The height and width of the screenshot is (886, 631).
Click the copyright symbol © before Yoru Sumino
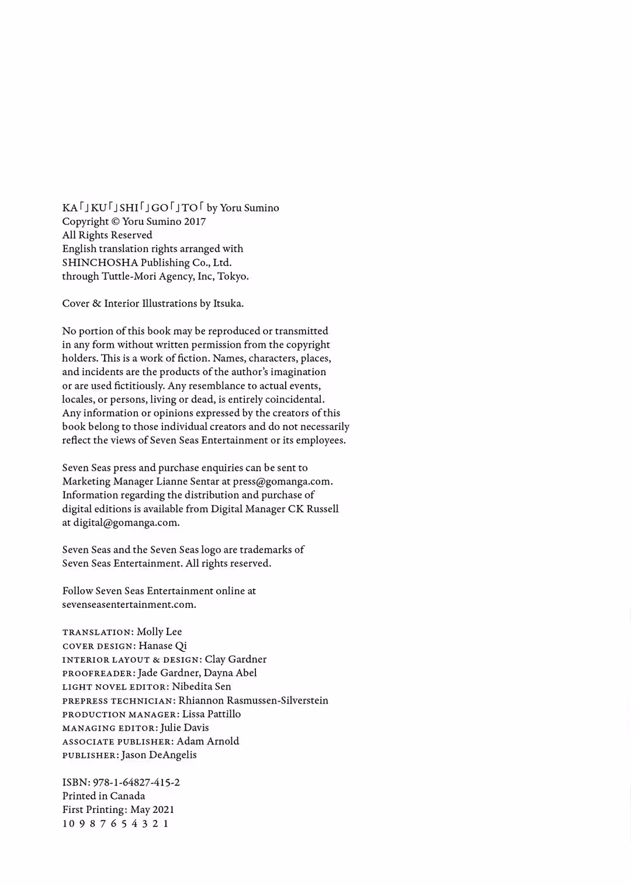coord(115,221)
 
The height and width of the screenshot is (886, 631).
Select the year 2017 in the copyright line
coord(195,221)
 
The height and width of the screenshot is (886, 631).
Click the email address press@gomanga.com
coord(282,482)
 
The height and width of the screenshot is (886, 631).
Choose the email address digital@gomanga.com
coord(126,522)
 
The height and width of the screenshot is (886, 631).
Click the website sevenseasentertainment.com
coord(129,604)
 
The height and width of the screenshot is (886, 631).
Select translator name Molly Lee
coord(159,632)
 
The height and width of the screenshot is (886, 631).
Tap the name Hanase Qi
coord(162,646)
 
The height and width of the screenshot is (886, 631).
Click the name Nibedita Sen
coord(202,687)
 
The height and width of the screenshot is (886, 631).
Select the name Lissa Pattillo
coord(212,714)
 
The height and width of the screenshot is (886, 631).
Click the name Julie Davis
coord(185,728)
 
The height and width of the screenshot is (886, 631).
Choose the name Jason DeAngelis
coord(159,755)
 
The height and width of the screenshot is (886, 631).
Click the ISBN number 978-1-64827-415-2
coord(136,783)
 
